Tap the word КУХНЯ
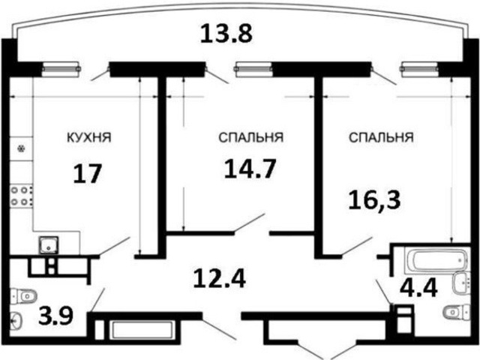[x=89, y=138]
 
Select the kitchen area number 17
[x=87, y=175]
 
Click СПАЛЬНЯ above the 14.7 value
[x=250, y=138]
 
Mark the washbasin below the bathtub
[x=461, y=283]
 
